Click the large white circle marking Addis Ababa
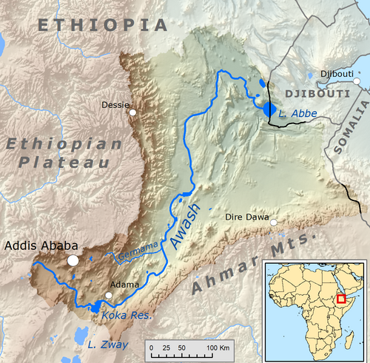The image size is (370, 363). [x=73, y=260]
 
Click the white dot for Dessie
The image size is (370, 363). [x=132, y=113]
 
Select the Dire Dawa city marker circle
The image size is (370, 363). [x=274, y=223]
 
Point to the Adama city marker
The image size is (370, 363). [x=109, y=296]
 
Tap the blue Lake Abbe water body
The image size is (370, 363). [x=268, y=109]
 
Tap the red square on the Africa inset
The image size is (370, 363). [x=341, y=298]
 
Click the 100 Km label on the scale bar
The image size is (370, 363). [x=219, y=347]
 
